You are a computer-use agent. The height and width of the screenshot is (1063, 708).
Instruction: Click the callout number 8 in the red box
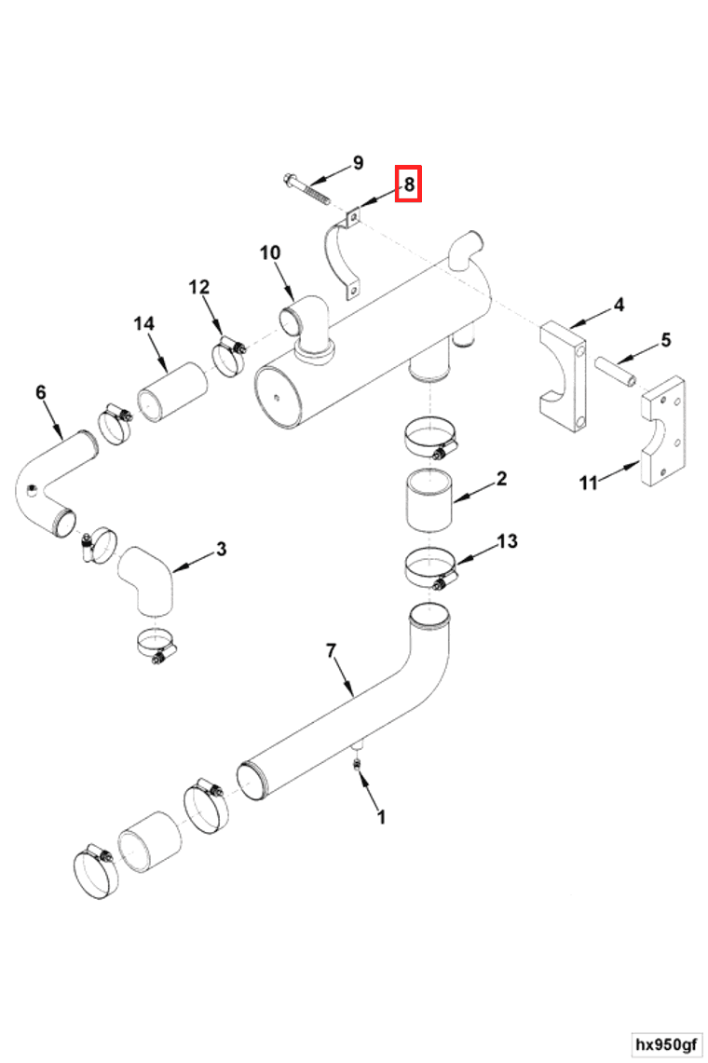pos(409,184)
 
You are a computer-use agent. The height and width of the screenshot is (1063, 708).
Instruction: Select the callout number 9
pos(358,164)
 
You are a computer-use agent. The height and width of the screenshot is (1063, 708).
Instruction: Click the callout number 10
pos(269,252)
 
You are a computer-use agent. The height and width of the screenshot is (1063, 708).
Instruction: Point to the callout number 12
pos(200,287)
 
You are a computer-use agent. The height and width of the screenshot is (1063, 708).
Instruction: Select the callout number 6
pos(40,392)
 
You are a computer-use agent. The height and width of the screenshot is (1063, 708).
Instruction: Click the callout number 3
pos(221,549)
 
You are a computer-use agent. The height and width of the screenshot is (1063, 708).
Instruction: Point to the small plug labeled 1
pos(358,764)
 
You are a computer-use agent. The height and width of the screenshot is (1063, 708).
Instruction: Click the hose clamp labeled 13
pos(430,569)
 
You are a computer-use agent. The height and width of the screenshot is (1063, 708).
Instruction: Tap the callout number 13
pos(507,540)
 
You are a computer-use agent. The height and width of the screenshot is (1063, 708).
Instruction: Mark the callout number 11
pos(588,482)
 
